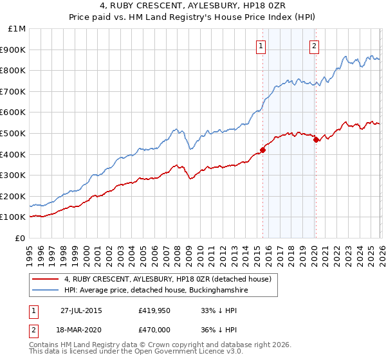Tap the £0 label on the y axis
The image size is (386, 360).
21,238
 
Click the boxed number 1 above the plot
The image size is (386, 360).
261,46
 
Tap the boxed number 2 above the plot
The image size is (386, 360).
314,46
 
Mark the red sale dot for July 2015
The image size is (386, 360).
262,150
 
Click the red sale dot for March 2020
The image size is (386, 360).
316,139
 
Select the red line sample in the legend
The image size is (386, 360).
45,279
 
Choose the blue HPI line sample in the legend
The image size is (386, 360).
45,291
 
